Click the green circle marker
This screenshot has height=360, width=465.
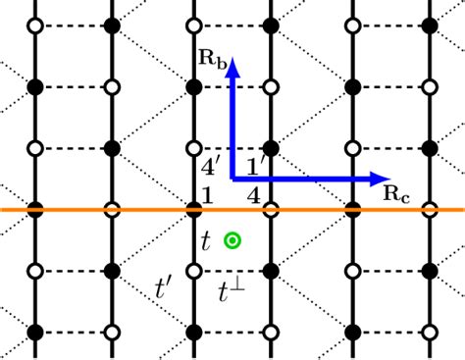(x=232, y=239)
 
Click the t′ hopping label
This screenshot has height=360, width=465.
(x=167, y=287)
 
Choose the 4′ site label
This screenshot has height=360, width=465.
(x=210, y=166)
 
